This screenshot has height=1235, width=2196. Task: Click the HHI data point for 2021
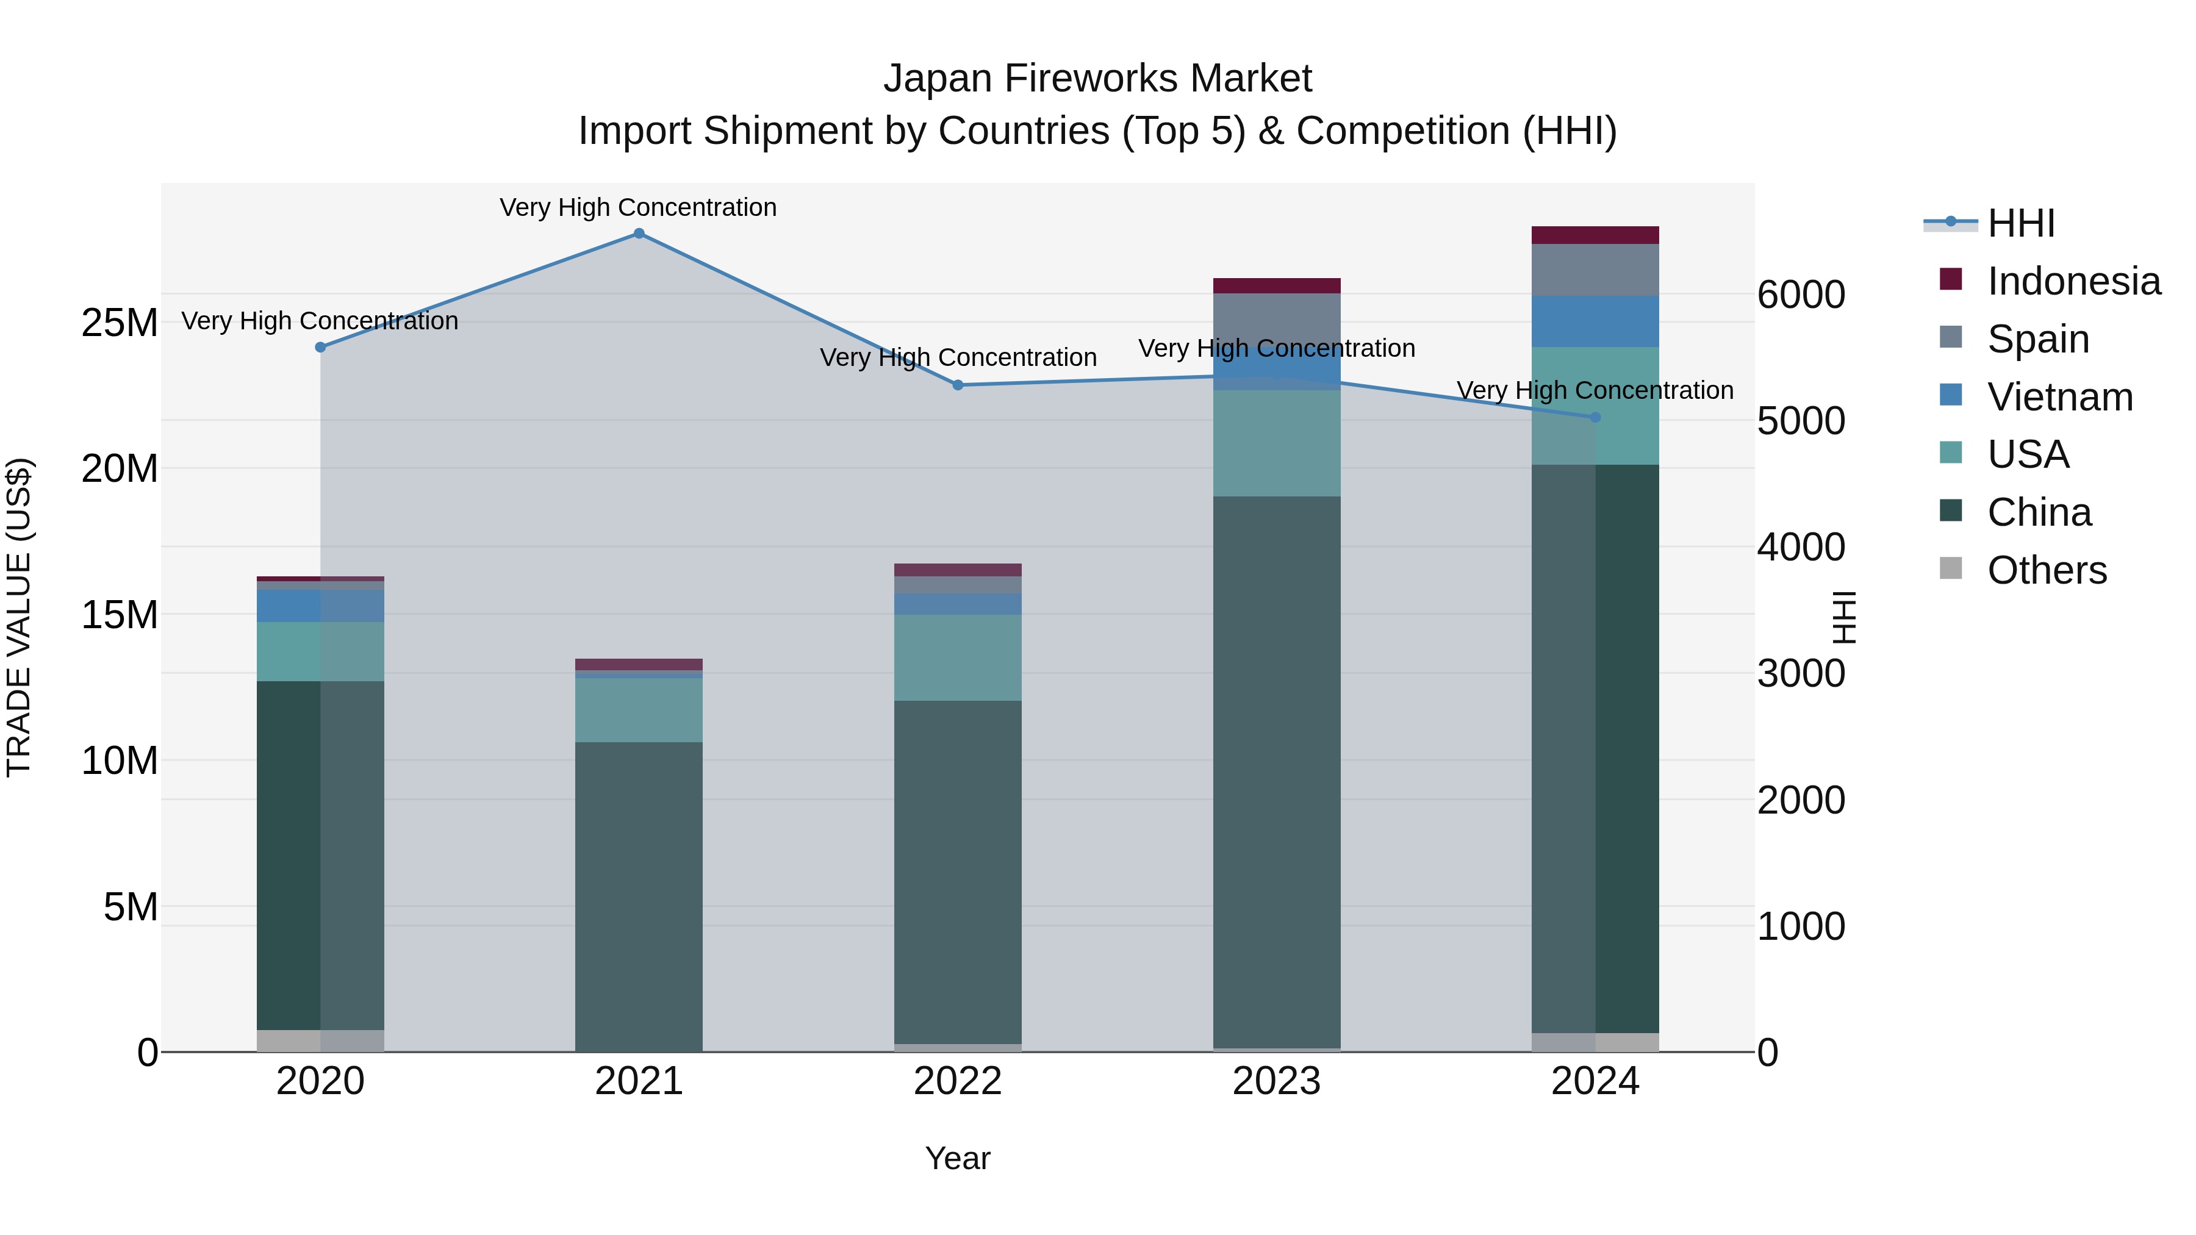639,234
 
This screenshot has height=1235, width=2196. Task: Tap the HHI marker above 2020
320,347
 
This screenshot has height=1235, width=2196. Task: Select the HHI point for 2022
957,385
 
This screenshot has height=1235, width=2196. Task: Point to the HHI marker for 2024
1595,417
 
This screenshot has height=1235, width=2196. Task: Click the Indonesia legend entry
2073,281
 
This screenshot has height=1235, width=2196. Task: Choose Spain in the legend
2037,339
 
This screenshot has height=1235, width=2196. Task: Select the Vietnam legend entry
2059,397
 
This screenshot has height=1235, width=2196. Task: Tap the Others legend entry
2046,570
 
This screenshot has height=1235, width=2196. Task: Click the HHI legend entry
2020,223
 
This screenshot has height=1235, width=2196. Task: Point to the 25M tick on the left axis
120,323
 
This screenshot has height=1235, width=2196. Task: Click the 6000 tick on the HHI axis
1801,295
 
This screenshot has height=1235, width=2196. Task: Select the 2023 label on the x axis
1276,1081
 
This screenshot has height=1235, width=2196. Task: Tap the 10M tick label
120,761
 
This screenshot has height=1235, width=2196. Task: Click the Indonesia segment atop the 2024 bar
1595,235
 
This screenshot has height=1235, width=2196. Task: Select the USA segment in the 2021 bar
639,710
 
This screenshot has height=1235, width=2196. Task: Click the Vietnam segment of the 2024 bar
1595,321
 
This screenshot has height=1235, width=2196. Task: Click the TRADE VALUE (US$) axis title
19,617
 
